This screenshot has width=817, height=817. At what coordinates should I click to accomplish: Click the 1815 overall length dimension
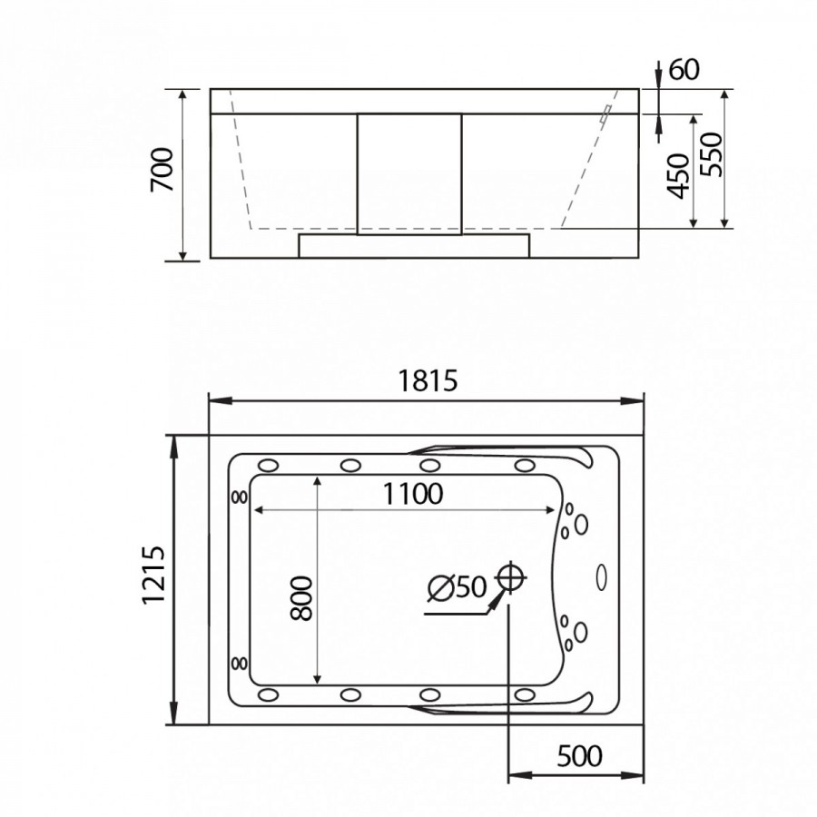pyautogui.click(x=428, y=380)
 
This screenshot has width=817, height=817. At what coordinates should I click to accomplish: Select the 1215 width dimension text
pyautogui.click(x=153, y=575)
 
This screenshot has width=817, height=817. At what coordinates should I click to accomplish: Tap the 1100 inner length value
pyautogui.click(x=413, y=494)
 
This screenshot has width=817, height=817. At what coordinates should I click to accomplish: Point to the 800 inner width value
pyautogui.click(x=301, y=598)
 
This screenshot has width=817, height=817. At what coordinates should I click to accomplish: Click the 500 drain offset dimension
pyautogui.click(x=579, y=755)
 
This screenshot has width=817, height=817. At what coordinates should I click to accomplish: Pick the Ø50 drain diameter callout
pyautogui.click(x=457, y=587)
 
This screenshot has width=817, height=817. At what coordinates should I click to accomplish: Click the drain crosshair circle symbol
pyautogui.click(x=510, y=577)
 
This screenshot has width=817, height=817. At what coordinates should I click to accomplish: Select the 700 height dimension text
pyautogui.click(x=162, y=170)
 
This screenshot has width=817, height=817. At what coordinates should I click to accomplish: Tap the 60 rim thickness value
pyautogui.click(x=684, y=70)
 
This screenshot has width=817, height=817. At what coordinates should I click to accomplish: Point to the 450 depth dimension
pyautogui.click(x=679, y=177)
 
